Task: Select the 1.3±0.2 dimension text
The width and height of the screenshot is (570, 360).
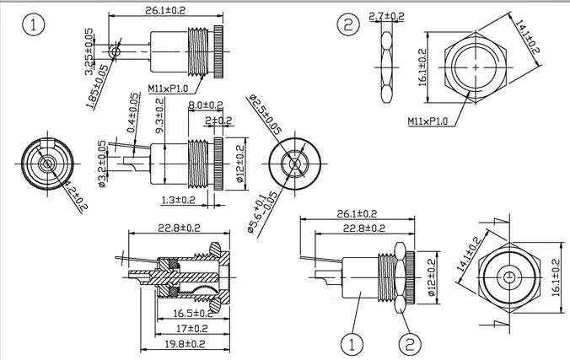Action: (x=178, y=200)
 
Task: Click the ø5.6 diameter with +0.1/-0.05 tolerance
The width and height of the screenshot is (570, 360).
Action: (x=257, y=212)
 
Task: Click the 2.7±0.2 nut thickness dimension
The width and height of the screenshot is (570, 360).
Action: (x=387, y=15)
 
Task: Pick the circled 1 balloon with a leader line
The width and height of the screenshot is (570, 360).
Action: (x=352, y=343)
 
